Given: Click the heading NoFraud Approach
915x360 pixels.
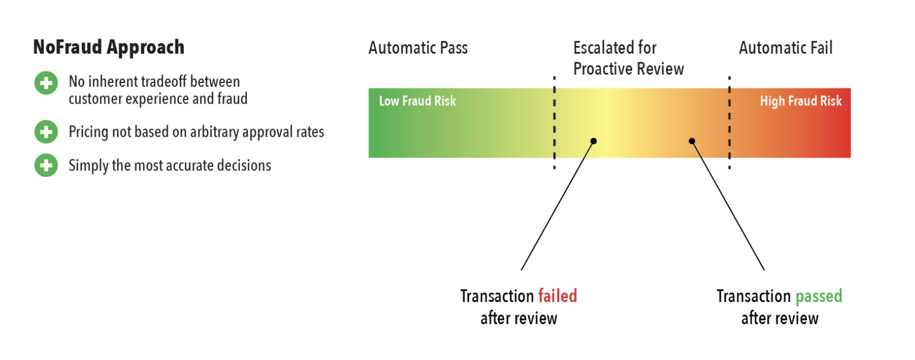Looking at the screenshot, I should [108, 48].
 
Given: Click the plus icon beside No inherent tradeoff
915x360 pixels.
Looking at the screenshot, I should [46, 83].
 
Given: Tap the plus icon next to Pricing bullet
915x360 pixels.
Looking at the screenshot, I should [46, 132].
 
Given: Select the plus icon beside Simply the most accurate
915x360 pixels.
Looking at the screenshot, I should [46, 165].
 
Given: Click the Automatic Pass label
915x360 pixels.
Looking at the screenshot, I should [418, 48].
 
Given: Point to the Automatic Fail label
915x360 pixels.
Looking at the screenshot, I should [785, 48].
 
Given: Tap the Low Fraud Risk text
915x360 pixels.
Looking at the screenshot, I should [417, 101].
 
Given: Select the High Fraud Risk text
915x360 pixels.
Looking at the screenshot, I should [801, 101].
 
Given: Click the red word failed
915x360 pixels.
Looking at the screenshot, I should [557, 296].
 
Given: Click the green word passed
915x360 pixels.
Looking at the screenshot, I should [819, 297].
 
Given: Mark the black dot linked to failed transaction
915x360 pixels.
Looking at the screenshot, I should [594, 141].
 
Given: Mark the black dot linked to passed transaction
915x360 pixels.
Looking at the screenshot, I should [692, 141].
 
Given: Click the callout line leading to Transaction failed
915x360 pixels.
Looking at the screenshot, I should [557, 206].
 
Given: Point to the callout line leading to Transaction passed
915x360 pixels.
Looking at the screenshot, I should [729, 206].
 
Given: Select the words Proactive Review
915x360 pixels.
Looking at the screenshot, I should [628, 69].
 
